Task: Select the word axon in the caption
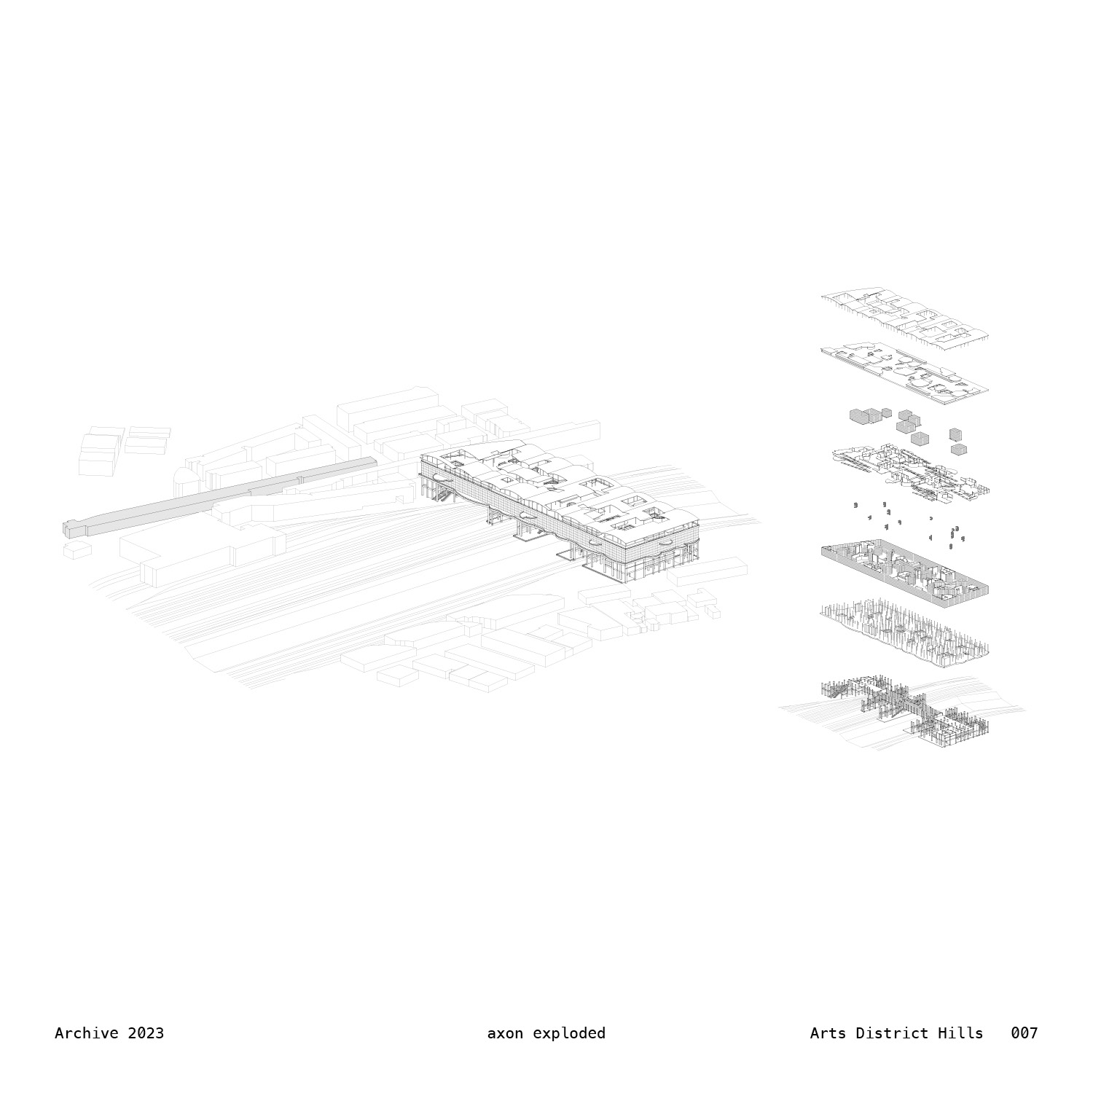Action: [x=505, y=1033]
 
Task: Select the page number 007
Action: [x=1024, y=1033]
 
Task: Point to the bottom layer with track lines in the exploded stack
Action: [x=904, y=710]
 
